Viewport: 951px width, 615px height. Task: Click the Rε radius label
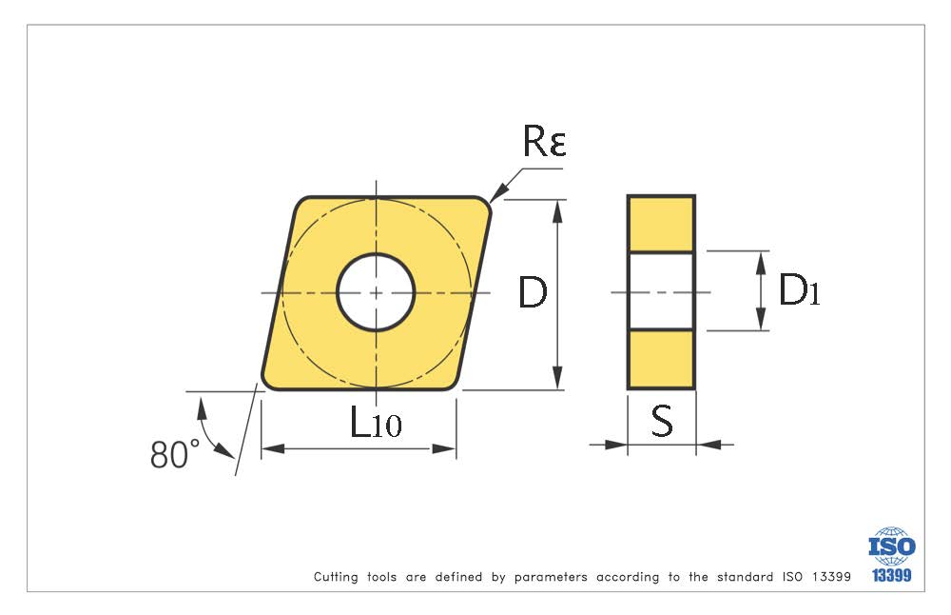pos(544,142)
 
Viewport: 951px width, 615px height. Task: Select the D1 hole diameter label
pos(799,290)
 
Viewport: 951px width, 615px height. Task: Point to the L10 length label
pos(376,422)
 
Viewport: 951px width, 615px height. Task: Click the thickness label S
pos(662,421)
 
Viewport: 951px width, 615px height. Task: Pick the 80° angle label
pos(175,455)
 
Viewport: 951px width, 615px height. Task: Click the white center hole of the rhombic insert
pos(376,292)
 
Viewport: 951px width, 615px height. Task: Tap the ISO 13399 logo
pos(891,555)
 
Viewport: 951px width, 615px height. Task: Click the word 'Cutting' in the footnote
pos(336,577)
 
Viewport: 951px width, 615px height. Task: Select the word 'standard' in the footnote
pos(742,577)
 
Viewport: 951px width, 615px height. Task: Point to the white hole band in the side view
pos(661,291)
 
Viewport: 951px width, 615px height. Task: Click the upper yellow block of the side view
pos(661,224)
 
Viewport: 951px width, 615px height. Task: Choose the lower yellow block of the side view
pos(661,359)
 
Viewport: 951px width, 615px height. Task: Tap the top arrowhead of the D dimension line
pos(558,208)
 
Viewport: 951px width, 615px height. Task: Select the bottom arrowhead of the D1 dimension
pos(761,323)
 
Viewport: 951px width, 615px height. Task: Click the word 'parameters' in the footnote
pos(551,577)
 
